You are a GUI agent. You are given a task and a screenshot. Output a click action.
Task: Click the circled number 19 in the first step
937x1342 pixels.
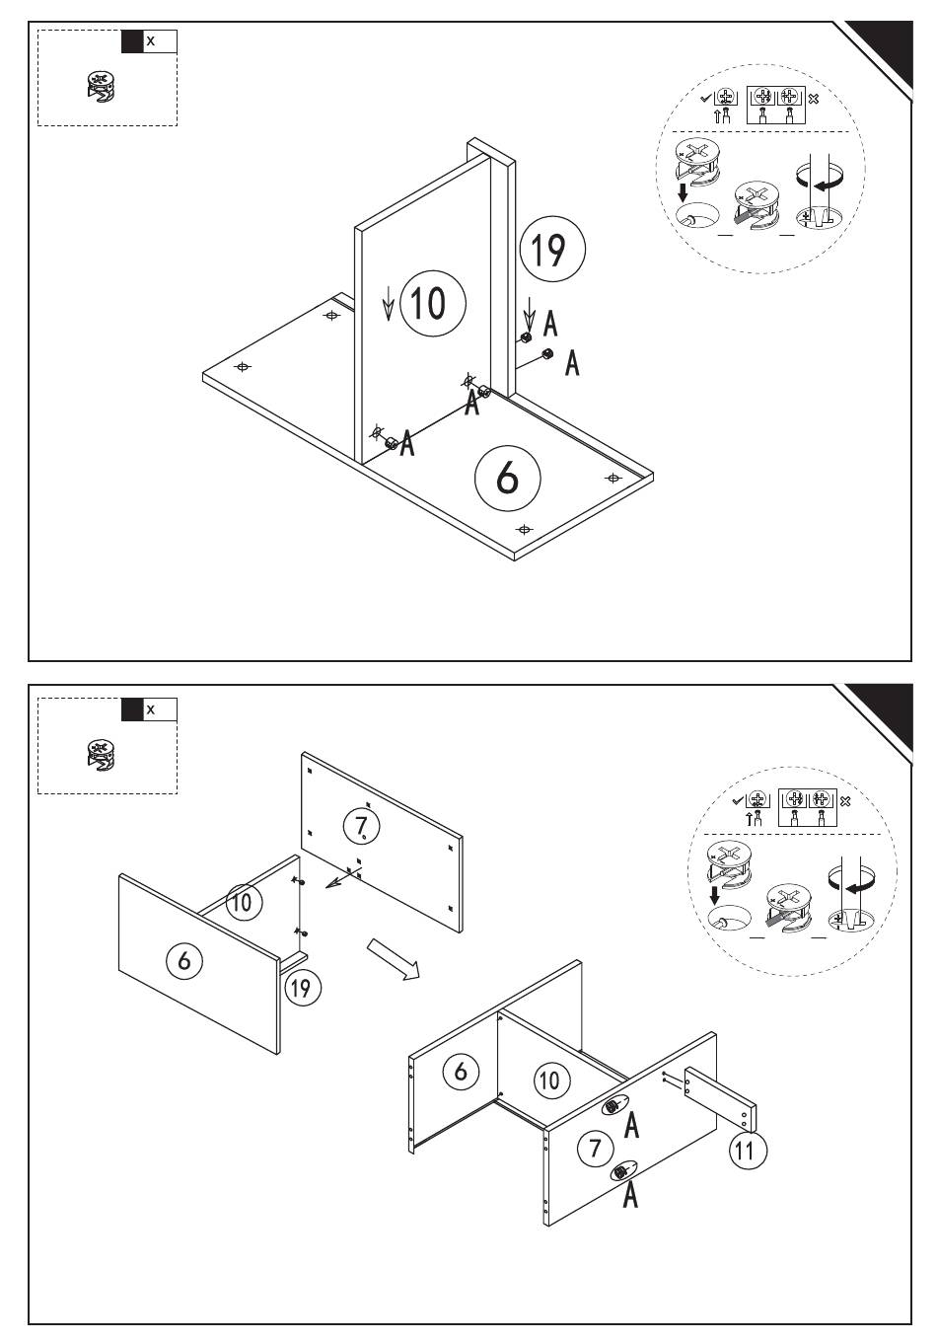click(x=552, y=250)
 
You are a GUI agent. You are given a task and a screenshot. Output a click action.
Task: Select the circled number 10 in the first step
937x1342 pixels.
click(x=432, y=303)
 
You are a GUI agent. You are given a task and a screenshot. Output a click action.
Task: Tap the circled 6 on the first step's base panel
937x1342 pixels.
click(x=507, y=478)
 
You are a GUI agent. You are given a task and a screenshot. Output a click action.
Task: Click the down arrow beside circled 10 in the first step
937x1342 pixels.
click(x=389, y=303)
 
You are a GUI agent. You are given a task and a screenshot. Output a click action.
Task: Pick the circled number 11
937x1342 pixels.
click(x=747, y=1151)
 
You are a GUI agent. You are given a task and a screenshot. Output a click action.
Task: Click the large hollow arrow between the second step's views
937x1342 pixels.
click(x=394, y=958)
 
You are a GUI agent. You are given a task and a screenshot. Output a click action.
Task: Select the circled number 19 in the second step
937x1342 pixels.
click(x=302, y=988)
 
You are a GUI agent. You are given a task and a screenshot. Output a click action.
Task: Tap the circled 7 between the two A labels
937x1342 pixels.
click(x=595, y=1148)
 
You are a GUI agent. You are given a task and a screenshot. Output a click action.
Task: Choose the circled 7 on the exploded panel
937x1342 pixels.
click(x=362, y=827)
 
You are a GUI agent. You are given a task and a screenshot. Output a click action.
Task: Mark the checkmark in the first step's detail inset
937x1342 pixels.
click(x=706, y=98)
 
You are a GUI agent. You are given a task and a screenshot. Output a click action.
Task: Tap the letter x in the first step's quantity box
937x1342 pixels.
click(x=151, y=41)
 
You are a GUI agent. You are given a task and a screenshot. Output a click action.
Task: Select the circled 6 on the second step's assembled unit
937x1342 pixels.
click(x=461, y=1072)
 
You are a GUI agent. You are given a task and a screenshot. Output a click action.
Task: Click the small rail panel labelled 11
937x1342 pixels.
click(x=720, y=1100)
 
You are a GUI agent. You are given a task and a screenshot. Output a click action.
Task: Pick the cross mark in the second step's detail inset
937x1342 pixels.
click(x=845, y=801)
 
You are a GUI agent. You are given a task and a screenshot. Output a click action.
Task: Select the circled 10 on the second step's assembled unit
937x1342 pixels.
click(x=549, y=1081)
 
